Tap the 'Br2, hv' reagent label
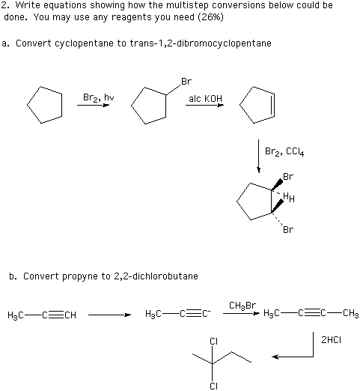pyautogui.click(x=99, y=97)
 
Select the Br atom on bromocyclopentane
pyautogui.click(x=186, y=82)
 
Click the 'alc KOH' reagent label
pyautogui.click(x=205, y=99)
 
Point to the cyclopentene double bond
pyautogui.click(x=274, y=105)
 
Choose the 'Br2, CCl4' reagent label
pyautogui.click(x=284, y=151)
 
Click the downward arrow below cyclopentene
pyautogui.click(x=259, y=156)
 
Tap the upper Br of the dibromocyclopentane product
pyautogui.click(x=288, y=177)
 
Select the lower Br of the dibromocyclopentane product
pyautogui.click(x=288, y=229)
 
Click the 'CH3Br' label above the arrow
pyautogui.click(x=242, y=306)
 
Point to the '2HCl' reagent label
pyautogui.click(x=331, y=340)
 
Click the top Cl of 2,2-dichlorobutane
pyautogui.click(x=214, y=342)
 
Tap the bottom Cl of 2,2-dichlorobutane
pyautogui.click(x=214, y=386)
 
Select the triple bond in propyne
pyautogui.click(x=56, y=315)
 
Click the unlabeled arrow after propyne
pyautogui.click(x=109, y=315)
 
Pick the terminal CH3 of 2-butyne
pyautogui.click(x=351, y=313)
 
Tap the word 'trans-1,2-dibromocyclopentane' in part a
pyautogui.click(x=201, y=43)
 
